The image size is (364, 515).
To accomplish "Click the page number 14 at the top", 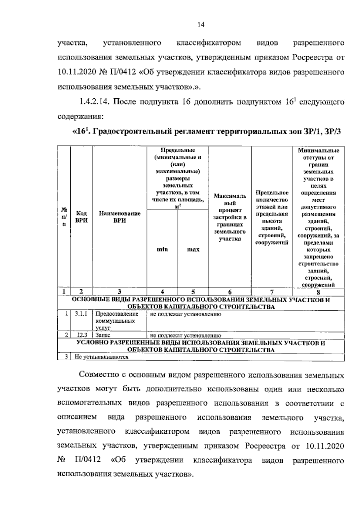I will [201, 25].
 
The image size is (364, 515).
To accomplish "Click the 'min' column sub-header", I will [162, 249].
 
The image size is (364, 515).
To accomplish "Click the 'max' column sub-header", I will [193, 249].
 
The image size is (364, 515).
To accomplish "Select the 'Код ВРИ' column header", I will [81, 217].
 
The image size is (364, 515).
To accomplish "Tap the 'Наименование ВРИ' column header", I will [120, 217].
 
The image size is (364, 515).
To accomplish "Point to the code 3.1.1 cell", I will [81, 314].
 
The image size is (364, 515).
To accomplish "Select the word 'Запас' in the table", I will [103, 335].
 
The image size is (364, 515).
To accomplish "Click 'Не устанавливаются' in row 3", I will [101, 357].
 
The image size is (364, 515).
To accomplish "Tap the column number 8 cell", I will [318, 292].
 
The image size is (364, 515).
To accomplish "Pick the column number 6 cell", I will [230, 292].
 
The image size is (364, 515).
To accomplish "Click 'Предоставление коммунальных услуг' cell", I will [117, 321].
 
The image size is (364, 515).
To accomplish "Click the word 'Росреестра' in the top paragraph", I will [312, 57].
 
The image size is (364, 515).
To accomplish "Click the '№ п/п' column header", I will [64, 217].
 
